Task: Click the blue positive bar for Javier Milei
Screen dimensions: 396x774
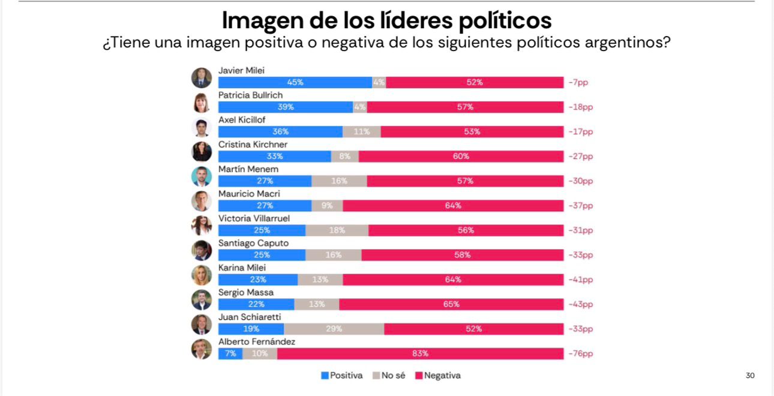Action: click(295, 83)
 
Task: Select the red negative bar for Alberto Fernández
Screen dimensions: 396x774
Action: click(420, 353)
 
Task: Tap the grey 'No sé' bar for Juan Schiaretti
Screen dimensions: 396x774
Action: click(334, 329)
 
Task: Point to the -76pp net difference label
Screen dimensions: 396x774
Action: click(580, 353)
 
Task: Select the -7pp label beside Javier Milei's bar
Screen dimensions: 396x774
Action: click(578, 83)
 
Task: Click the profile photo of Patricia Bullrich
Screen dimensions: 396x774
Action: click(202, 103)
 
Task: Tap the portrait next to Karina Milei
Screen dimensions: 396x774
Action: click(202, 275)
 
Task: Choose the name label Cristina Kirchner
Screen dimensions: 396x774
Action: click(253, 145)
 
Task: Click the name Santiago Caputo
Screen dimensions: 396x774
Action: click(253, 243)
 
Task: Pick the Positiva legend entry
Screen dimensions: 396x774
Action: click(342, 376)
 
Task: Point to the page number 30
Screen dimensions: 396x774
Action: click(750, 376)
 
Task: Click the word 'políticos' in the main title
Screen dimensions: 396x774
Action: click(505, 21)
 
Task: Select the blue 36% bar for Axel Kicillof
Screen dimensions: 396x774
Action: click(280, 132)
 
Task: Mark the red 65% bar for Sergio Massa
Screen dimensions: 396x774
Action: click(451, 304)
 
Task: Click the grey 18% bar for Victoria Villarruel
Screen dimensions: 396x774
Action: click(337, 230)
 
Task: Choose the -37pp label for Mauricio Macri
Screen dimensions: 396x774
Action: click(580, 206)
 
